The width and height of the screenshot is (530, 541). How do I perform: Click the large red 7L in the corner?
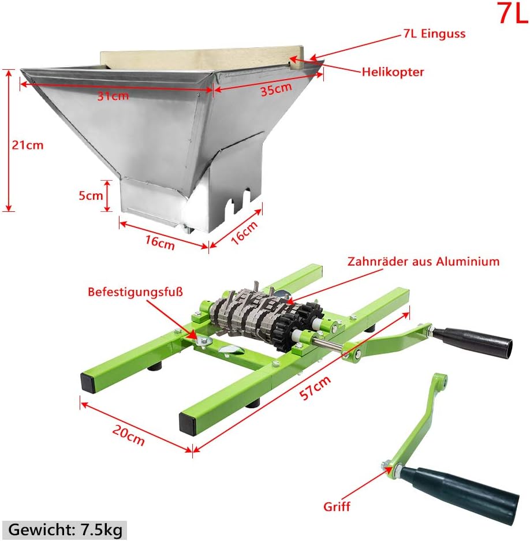pos(513,13)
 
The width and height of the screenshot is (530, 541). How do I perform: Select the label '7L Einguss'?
pos(434,34)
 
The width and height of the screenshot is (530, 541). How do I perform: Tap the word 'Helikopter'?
pos(393,72)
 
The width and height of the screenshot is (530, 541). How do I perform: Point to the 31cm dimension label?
pos(113,96)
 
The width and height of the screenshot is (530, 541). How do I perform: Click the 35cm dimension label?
pos(276,89)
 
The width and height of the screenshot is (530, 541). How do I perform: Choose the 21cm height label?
pos(28,145)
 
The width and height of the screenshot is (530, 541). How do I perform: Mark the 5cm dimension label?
pos(91,196)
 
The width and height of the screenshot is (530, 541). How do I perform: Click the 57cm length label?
pos(315,388)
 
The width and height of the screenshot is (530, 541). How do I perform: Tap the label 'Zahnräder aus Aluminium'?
pos(423,262)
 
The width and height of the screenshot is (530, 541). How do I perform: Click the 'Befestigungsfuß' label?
pos(135,292)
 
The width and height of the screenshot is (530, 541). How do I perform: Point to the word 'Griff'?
pos(337,506)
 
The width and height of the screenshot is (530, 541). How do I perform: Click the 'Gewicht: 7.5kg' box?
pos(65,529)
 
